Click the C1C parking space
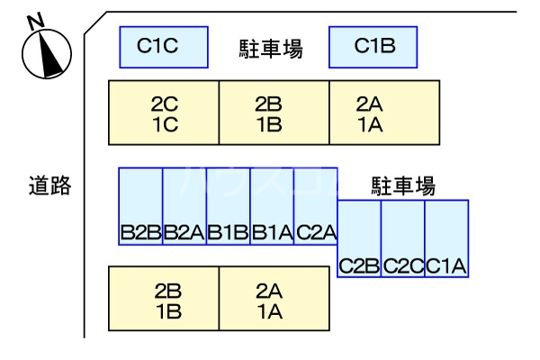[x=163, y=46]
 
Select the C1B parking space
[x=373, y=46]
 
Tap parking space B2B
[x=140, y=205]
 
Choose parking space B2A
[x=184, y=205]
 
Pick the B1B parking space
[x=229, y=205]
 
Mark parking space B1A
[x=273, y=205]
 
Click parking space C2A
[x=316, y=205]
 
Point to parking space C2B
[x=359, y=238]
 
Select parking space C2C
[x=403, y=238]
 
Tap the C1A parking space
[x=446, y=238]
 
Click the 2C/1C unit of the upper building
[x=164, y=112]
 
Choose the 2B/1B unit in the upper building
[x=274, y=112]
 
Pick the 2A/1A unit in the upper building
[x=384, y=112]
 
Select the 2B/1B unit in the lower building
[x=164, y=300]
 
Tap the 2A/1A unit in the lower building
[x=274, y=300]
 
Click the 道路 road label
[x=49, y=186]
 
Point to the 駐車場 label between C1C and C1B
[x=270, y=49]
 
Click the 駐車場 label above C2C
[x=403, y=186]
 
